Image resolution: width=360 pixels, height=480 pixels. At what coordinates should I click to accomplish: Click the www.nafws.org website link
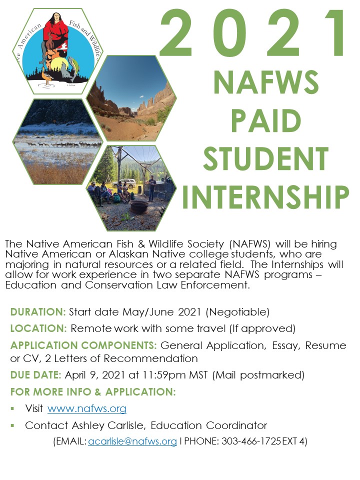coord(86,408)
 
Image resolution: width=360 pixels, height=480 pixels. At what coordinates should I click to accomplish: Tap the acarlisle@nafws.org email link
coord(132,441)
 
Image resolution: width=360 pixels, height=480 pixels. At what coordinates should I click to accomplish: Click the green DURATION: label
coord(38,312)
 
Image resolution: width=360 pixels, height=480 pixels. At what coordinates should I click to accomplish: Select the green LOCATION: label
coord(38,328)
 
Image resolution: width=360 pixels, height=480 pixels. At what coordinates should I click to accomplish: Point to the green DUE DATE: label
coord(36,375)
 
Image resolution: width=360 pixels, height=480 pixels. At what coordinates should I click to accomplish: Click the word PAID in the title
coord(266,120)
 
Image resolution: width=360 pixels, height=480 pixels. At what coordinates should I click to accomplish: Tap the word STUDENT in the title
coord(265,158)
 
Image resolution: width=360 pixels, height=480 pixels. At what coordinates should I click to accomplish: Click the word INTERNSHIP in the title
coord(265,196)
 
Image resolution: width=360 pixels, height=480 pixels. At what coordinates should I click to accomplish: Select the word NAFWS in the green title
coord(266,82)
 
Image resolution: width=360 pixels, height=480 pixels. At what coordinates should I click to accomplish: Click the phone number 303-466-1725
coord(251,441)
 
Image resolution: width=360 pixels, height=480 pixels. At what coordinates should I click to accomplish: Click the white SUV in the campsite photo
coord(125,183)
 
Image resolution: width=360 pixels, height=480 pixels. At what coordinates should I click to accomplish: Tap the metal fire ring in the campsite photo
coord(139,207)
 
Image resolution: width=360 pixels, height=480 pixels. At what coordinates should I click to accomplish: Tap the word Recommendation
coord(150,358)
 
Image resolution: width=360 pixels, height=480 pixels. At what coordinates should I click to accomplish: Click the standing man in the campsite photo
coord(151,187)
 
